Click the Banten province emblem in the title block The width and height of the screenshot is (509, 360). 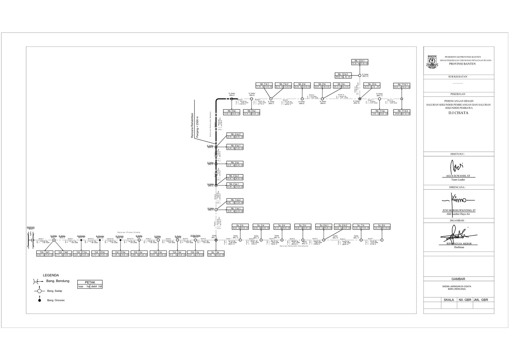(x=432, y=61)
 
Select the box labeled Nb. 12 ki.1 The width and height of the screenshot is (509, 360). (x=359, y=62)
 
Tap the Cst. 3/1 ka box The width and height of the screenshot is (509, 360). (x=81, y=253)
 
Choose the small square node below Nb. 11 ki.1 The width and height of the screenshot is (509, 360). (x=401, y=99)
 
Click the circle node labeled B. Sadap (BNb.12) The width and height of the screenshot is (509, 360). (x=360, y=75)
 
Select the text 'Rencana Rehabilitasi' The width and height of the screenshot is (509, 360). (x=192, y=125)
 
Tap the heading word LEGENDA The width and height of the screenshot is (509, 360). (x=51, y=275)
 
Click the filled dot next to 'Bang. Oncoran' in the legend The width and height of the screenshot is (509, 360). (x=39, y=300)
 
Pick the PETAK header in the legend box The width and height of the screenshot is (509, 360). (x=90, y=282)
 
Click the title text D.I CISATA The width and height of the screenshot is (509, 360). (x=459, y=113)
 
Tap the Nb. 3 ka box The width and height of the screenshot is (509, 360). (x=235, y=164)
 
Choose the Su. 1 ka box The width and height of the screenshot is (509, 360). (x=216, y=253)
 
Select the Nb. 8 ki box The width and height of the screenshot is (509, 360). (x=302, y=85)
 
